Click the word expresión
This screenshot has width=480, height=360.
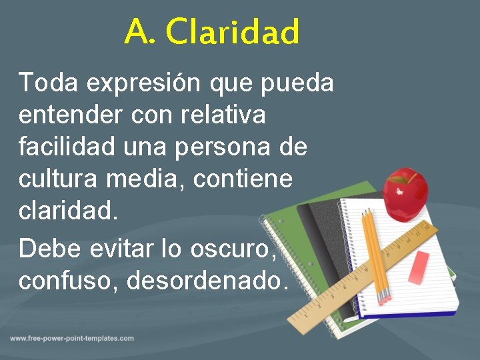(142, 83)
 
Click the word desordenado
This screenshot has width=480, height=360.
(207, 280)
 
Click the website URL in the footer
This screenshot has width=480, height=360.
(72, 338)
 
